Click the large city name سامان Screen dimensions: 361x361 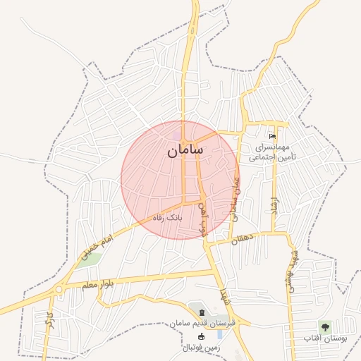point(186,150)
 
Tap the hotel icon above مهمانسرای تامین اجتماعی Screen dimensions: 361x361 point(273,136)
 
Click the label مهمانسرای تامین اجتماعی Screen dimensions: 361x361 point(276,152)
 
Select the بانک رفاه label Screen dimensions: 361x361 point(169,218)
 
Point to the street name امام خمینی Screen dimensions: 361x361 point(97,250)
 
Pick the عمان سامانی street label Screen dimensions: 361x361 point(235,195)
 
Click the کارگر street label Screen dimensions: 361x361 point(49,324)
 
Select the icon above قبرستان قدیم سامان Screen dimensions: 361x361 point(202,312)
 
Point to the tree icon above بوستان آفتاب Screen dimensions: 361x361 point(325,326)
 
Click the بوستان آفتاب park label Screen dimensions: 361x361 point(326,339)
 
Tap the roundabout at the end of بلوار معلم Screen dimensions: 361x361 point(59,289)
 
